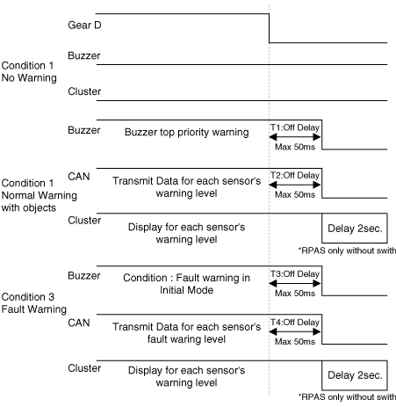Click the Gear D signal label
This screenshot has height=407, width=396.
pos(84,25)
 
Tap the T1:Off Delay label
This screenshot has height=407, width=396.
pos(295,127)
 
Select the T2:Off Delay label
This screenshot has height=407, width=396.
pos(295,175)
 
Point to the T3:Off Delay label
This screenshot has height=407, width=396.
pos(295,273)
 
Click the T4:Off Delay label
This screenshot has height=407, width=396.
pos(295,322)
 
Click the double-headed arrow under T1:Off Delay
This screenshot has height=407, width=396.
pos(295,137)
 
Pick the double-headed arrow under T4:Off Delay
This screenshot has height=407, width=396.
pos(295,331)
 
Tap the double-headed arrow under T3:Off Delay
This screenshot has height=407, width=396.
pos(295,283)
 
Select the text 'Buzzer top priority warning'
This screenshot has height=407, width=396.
pos(187,132)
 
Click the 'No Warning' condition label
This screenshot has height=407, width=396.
pos(29,78)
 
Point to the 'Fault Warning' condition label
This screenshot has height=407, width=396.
pos(34,309)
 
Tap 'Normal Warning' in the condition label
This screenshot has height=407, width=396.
pos(40,195)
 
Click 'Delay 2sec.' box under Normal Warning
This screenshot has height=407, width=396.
pos(355,229)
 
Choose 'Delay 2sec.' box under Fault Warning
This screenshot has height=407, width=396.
pos(355,375)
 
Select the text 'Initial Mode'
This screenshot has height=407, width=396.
pos(186,290)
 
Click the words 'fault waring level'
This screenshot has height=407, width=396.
pos(186,339)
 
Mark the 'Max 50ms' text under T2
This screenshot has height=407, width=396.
pos(295,194)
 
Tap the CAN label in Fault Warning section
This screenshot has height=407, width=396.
pos(79,323)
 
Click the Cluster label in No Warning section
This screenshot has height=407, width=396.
pos(84,91)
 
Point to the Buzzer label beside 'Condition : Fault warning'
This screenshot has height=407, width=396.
pos(84,275)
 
